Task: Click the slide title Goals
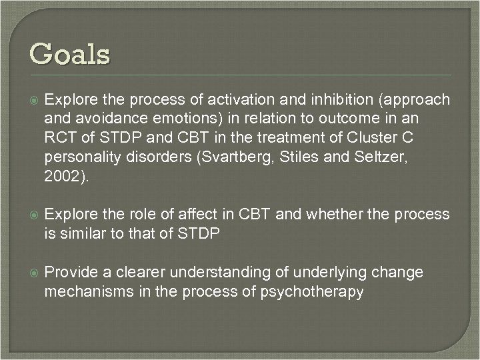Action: click(70, 53)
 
